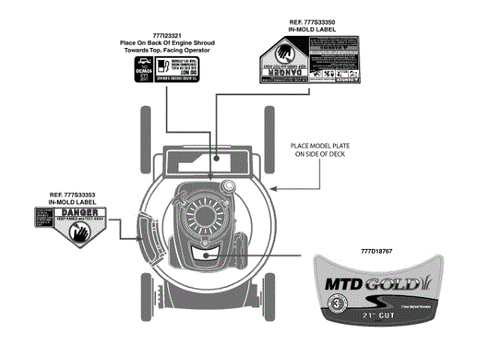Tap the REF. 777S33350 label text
coord(305,24)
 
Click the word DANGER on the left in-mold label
coord(84,214)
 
